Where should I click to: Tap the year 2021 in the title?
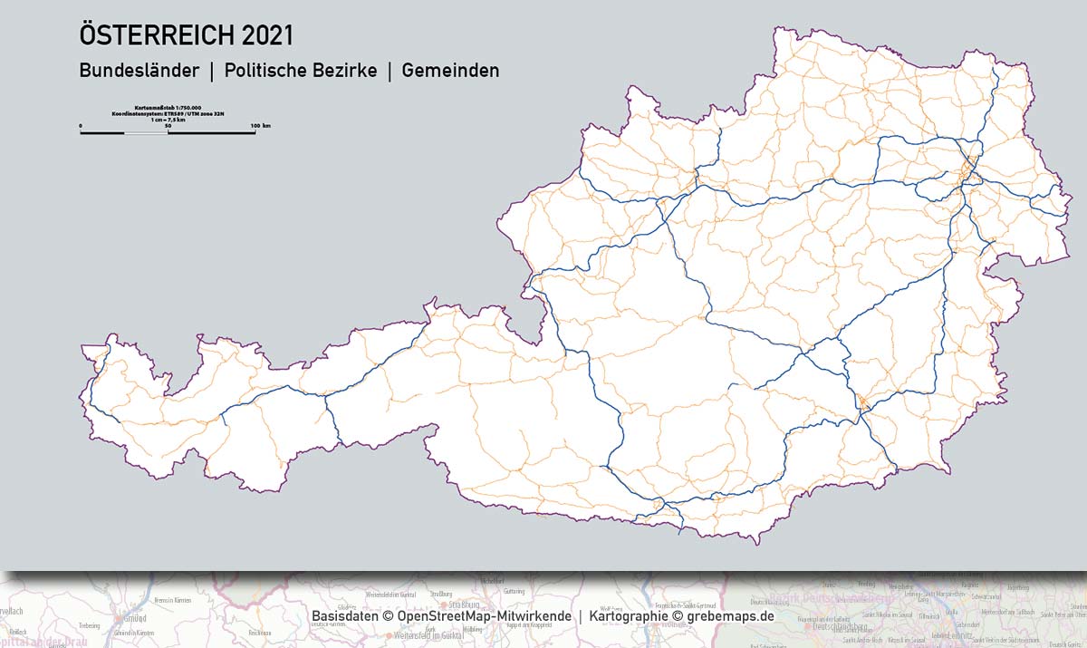pyautogui.click(x=267, y=35)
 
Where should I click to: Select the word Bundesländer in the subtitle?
pyautogui.click(x=139, y=70)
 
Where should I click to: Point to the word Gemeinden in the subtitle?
pyautogui.click(x=450, y=70)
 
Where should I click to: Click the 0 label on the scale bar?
pyautogui.click(x=81, y=125)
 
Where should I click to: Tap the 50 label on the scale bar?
pyautogui.click(x=168, y=125)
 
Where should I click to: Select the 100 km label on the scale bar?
pyautogui.click(x=260, y=125)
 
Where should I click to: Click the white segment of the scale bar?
pyautogui.click(x=146, y=133)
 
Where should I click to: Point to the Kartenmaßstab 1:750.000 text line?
pyautogui.click(x=168, y=107)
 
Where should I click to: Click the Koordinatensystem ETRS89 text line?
pyautogui.click(x=168, y=112)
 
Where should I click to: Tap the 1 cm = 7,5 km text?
pyautogui.click(x=168, y=119)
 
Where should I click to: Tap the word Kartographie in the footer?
pyautogui.click(x=628, y=616)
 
